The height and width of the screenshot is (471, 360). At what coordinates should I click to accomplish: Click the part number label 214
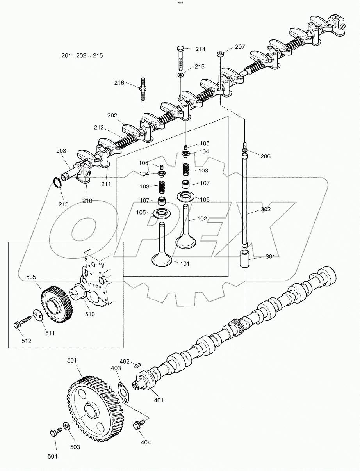200,49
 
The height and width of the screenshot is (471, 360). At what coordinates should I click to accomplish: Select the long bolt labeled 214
180,59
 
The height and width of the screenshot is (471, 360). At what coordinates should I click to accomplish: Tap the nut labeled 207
220,53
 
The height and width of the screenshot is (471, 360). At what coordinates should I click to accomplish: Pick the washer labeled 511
37,315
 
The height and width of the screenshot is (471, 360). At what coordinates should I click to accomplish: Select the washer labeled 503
67,425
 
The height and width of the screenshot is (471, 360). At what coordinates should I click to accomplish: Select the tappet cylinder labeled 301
245,260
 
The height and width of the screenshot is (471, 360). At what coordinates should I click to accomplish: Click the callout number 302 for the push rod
266,209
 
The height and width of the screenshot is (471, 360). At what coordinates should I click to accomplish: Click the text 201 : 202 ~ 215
82,56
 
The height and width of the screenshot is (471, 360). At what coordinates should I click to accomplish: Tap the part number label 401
159,400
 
